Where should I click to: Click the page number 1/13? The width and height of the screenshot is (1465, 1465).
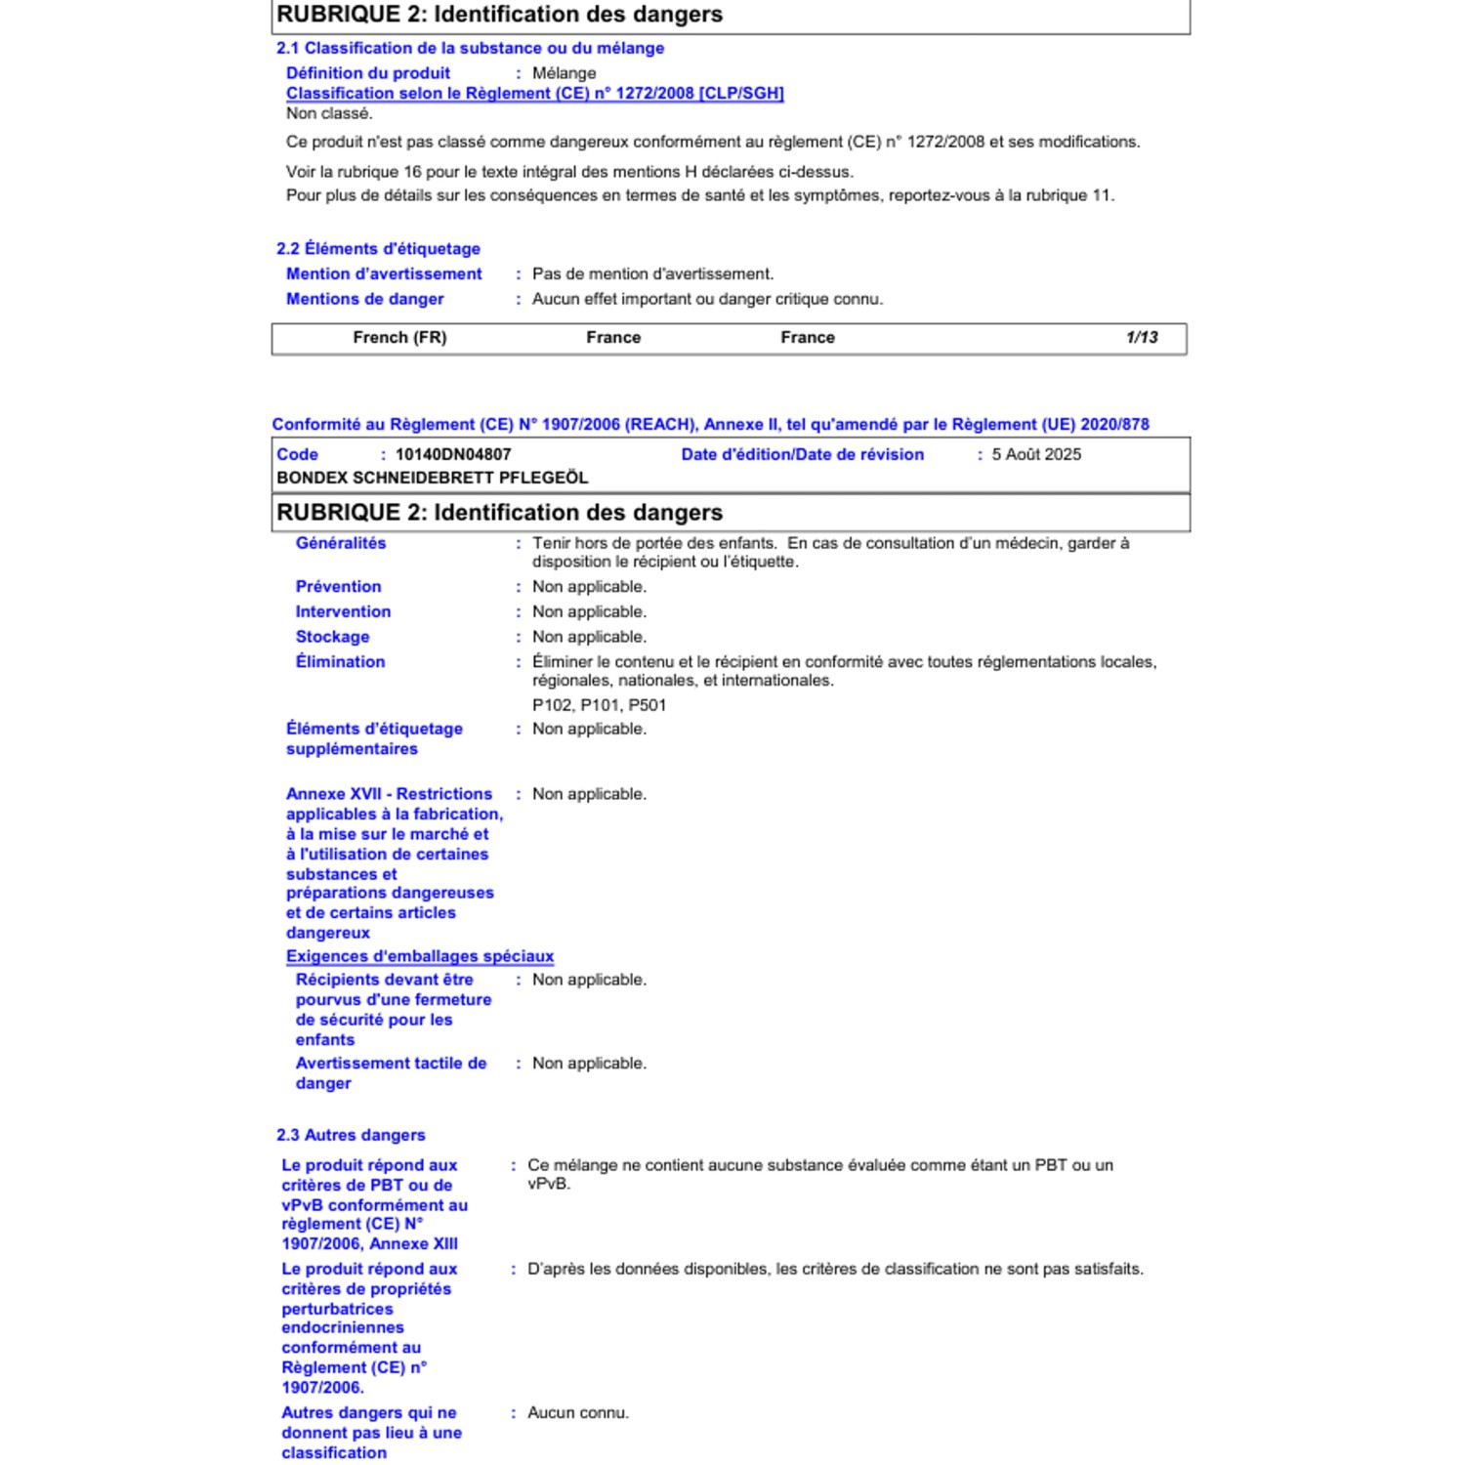point(1141,338)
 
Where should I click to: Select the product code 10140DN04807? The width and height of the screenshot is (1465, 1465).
point(453,455)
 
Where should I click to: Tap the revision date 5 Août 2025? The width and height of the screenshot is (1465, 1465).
point(1036,455)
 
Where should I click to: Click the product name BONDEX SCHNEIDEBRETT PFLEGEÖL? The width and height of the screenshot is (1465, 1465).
point(433,479)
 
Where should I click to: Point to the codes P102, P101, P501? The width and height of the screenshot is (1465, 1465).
point(599,705)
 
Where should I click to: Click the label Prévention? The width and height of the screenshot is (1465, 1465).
point(338,587)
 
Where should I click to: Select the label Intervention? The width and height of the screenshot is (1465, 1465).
point(343,612)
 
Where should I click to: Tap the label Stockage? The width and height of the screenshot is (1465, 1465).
point(332,637)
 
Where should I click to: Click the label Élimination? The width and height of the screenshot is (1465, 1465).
point(340,662)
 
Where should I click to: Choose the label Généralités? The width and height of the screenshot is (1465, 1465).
point(341,543)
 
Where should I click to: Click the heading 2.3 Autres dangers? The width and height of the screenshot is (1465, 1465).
point(351,1135)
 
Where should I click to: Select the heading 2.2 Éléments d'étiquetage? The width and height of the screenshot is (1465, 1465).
point(378,249)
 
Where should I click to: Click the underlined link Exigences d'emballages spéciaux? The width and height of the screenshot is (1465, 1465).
point(420,956)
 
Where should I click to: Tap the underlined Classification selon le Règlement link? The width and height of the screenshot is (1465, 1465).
point(534,94)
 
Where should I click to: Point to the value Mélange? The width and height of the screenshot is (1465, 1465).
point(564,73)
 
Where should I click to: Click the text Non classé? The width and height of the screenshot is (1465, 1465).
point(329,113)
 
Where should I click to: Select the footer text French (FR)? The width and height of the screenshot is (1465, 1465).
point(399,338)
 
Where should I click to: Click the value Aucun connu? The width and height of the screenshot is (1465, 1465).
point(578,1412)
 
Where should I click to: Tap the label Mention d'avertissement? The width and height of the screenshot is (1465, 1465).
point(384,274)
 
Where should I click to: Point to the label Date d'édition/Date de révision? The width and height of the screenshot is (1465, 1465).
point(802,455)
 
